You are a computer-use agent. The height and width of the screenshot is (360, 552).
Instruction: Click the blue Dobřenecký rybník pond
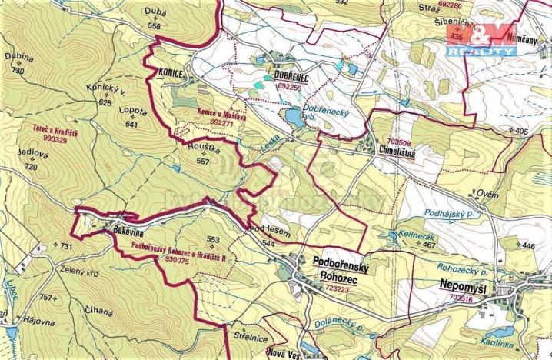point(293,117)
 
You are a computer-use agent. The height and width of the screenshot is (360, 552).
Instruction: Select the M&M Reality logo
point(483,39)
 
